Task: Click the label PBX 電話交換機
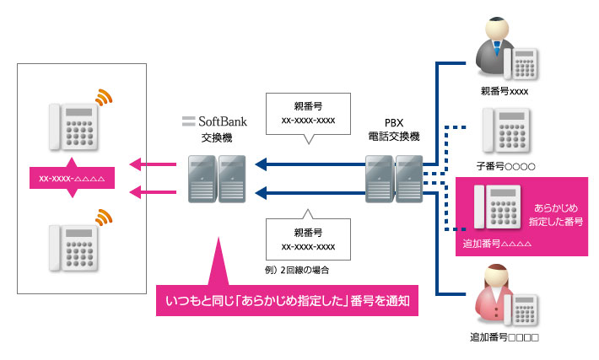click(x=395, y=129)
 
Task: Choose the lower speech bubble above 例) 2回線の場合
click(x=308, y=239)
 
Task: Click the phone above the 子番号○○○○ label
click(x=509, y=131)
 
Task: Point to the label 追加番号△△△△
click(x=497, y=244)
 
